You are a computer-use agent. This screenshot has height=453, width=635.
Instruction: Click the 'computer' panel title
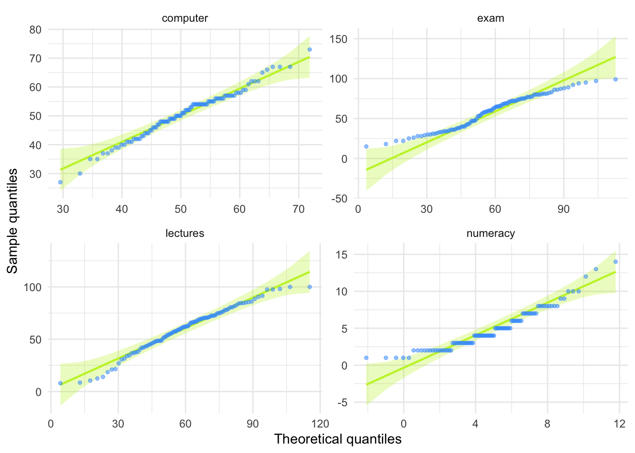tap(185, 18)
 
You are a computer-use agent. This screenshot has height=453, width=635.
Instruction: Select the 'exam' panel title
tap(490, 18)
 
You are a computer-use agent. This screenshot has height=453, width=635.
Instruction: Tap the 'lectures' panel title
tap(185, 233)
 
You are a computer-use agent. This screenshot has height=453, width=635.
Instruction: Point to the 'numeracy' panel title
tap(490, 233)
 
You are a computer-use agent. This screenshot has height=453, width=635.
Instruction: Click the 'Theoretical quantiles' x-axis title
tap(338, 439)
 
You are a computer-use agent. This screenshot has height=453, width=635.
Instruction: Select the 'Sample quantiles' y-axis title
tap(13, 221)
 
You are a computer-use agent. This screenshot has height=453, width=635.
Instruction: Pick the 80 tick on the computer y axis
tap(35, 30)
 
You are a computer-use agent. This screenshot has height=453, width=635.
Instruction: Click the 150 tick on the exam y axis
tap(338, 39)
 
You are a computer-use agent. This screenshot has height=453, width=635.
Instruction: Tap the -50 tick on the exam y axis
tap(339, 199)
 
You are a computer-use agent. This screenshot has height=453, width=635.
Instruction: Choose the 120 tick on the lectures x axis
tap(320, 423)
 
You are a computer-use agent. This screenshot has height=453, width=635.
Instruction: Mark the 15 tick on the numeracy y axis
tap(341, 255)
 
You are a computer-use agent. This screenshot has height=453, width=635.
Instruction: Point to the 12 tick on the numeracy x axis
tap(619, 423)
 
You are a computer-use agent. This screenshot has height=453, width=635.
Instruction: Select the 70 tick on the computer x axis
tap(299, 209)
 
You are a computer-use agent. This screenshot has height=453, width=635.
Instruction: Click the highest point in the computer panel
tap(309, 49)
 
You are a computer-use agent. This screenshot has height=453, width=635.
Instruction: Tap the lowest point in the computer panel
tap(60, 182)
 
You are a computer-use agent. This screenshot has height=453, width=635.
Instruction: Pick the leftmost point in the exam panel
tap(366, 146)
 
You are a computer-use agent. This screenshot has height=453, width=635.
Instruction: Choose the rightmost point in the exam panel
tap(616, 79)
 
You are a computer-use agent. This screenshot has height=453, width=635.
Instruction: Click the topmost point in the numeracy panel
tap(616, 262)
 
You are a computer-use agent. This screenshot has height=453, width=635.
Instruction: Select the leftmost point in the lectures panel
tap(60, 383)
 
